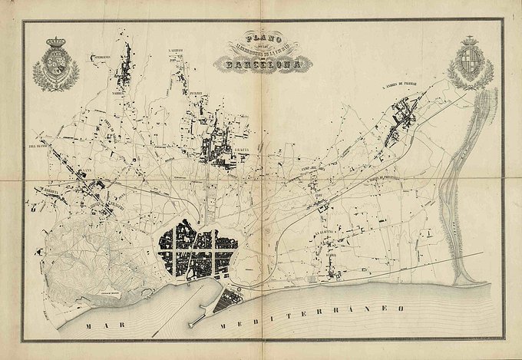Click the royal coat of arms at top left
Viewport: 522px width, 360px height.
coord(55,64)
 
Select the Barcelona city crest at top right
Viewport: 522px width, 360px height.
coord(469,63)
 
